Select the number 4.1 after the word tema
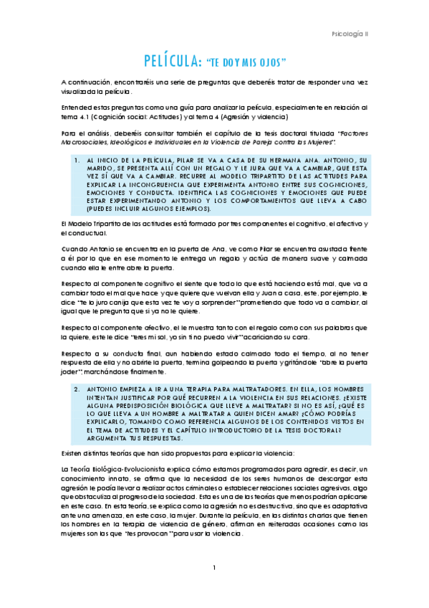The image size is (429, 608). pos(77,116)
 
